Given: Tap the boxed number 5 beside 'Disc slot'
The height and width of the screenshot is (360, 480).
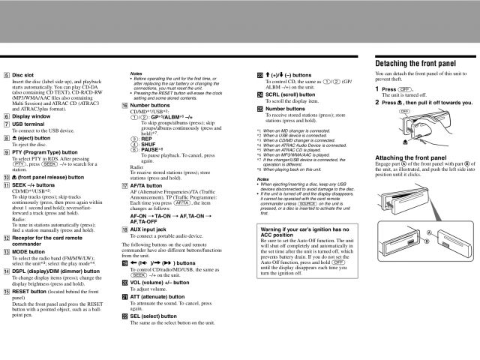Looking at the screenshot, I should coord(7,74).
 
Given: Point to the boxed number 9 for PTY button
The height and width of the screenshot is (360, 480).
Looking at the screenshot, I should coord(7,151).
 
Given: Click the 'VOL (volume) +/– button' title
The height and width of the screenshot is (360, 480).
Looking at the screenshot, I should coord(161,282).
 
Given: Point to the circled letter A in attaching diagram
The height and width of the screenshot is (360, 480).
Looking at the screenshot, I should coord(430,232).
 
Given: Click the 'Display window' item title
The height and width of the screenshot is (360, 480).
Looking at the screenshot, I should coord(31,116).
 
